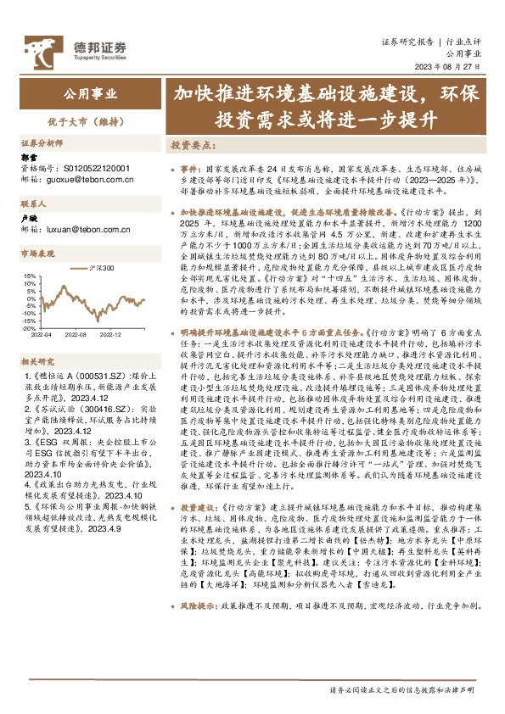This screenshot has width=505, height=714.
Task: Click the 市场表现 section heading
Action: coord(37,254)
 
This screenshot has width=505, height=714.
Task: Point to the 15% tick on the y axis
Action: coord(30,276)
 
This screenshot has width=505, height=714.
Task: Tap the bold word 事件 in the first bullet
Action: coord(190,169)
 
